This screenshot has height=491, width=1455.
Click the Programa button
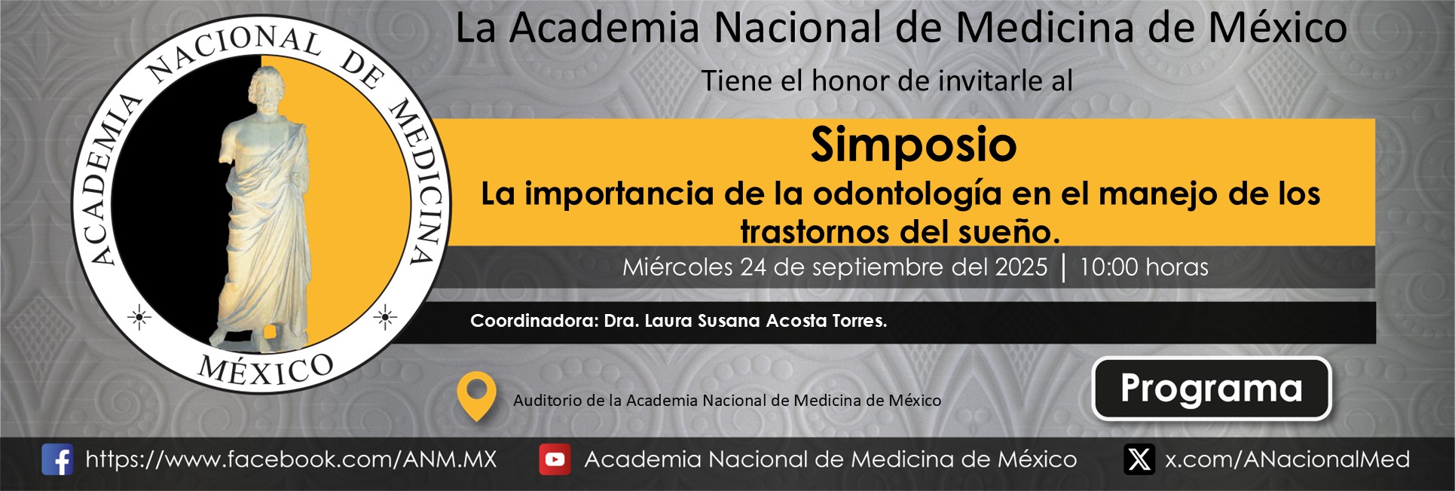[1211, 389]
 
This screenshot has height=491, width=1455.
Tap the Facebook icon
[57, 459]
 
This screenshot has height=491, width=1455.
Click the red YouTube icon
[555, 459]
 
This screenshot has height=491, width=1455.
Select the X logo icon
[1139, 459]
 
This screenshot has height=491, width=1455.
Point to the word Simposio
[913, 145]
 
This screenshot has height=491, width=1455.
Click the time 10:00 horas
[1144, 267]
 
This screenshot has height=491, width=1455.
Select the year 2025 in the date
[1021, 267]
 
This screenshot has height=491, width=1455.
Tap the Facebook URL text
[291, 459]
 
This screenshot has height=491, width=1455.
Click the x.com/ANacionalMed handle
[1287, 459]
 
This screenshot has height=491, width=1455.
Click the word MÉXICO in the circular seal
[265, 370]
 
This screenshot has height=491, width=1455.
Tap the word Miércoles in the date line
[677, 267]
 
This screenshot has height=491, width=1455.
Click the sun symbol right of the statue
[385, 318]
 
